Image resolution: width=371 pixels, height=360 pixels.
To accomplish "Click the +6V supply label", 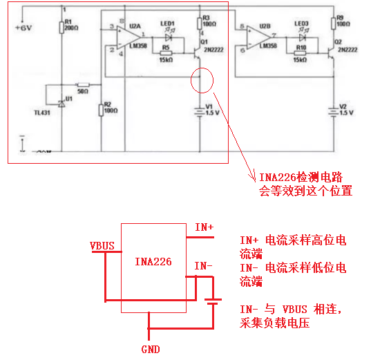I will (23, 28).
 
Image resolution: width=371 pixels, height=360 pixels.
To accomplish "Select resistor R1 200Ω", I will (62, 30).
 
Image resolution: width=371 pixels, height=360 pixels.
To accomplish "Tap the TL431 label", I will (46, 113).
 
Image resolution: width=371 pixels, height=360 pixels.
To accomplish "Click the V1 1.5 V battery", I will (200, 108).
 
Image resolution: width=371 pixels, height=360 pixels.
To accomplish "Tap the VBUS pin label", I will (102, 245).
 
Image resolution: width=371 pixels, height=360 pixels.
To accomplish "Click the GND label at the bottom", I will (151, 350).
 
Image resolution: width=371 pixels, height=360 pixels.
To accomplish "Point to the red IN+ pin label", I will (204, 227).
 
